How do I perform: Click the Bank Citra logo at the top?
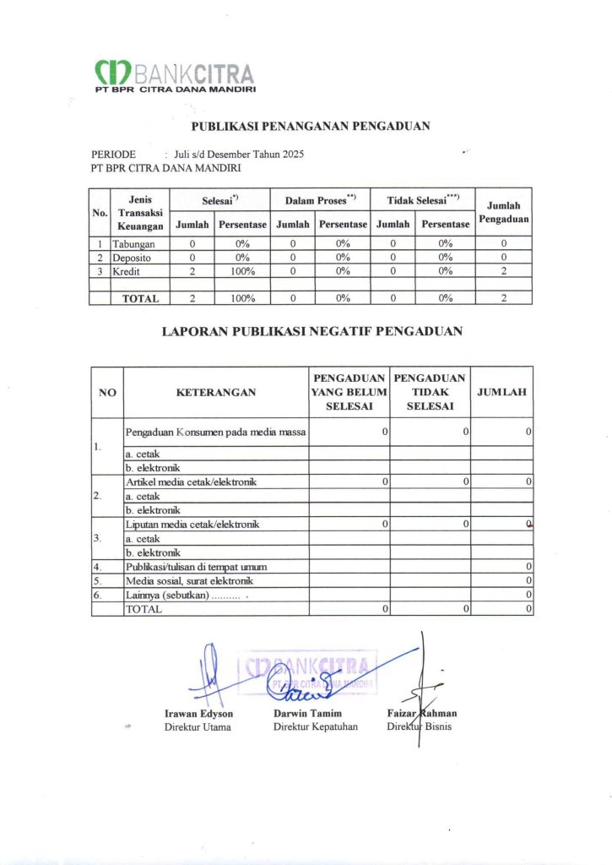[176, 75]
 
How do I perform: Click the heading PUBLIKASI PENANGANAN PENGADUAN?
[311, 127]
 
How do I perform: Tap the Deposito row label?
[132, 257]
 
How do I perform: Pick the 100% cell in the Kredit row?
[243, 271]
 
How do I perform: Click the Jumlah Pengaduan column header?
[503, 212]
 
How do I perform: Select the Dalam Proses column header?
[320, 200]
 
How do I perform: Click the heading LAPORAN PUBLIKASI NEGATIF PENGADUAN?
[311, 332]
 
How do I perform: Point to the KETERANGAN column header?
[216, 392]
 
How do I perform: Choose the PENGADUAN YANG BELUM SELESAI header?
[349, 392]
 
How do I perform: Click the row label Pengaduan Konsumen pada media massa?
[215, 432]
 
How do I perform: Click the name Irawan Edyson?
[198, 714]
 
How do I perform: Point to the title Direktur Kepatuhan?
[314, 726]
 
